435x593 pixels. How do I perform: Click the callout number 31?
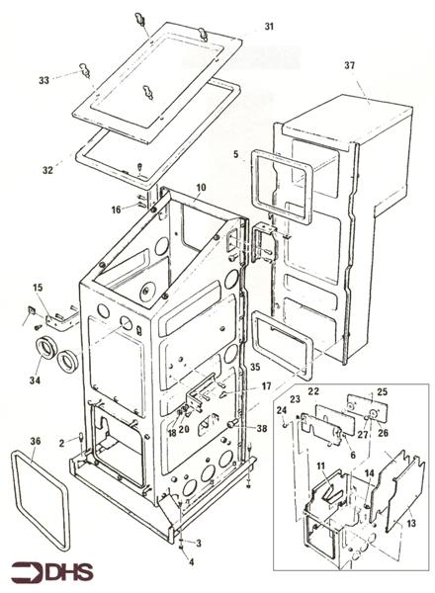tap(271, 25)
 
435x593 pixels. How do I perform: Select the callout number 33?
tap(43, 79)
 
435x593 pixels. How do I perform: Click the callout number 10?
tap(201, 187)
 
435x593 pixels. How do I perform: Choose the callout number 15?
tap(39, 288)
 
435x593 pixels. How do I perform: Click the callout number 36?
tap(37, 442)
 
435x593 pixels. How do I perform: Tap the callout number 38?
tap(261, 429)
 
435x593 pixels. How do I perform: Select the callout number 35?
tap(255, 367)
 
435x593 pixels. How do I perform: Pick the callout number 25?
tap(384, 392)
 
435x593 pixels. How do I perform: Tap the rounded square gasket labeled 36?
tap(41, 499)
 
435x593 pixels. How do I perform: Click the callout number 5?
tap(236, 155)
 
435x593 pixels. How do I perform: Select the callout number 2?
tap(61, 440)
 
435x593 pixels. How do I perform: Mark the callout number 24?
tap(281, 410)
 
